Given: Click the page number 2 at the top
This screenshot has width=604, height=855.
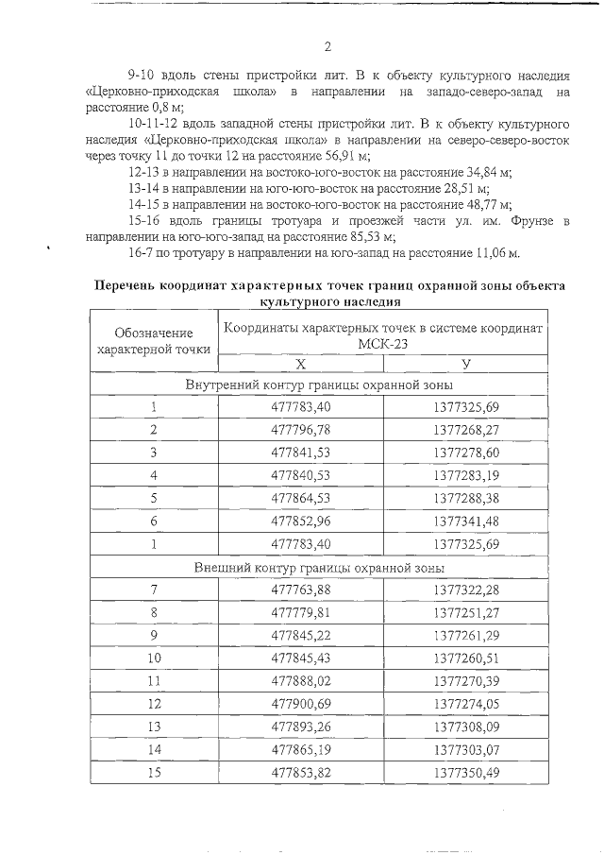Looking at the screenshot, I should [x=327, y=46].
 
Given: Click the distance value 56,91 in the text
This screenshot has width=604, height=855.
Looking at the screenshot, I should [x=350, y=156].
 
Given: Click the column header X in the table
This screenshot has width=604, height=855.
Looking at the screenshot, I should [x=300, y=364].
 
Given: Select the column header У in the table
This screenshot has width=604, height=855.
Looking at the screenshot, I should [x=466, y=364].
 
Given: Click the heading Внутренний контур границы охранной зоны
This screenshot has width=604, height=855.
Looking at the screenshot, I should [x=319, y=385].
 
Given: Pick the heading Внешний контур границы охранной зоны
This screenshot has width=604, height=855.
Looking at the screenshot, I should [x=319, y=568].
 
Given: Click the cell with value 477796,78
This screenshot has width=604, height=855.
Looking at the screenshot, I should [x=300, y=431].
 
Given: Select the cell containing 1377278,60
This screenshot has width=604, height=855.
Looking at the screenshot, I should [x=466, y=453].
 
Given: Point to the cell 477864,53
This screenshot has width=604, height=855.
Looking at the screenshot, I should [x=300, y=499].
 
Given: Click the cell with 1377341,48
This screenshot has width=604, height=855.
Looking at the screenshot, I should [x=466, y=522].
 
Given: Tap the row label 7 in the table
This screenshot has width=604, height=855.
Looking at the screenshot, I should [x=153, y=590].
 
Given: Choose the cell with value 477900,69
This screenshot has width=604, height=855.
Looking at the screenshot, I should [x=300, y=704].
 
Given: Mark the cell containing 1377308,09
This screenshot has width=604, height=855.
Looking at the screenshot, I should [x=466, y=727].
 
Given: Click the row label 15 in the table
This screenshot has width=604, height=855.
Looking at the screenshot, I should [x=153, y=772].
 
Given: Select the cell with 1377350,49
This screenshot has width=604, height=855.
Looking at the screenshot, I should [x=466, y=772].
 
